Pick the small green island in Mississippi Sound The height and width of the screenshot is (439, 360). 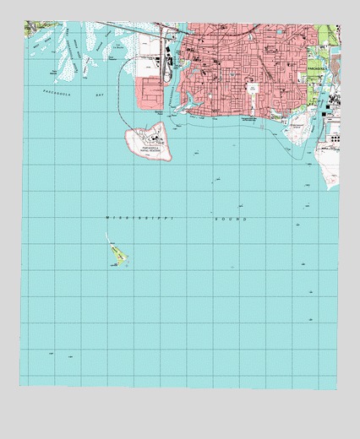tap(117, 256)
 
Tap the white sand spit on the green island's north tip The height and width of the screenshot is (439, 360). tap(110, 241)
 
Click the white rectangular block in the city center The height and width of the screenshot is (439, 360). tap(252, 88)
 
